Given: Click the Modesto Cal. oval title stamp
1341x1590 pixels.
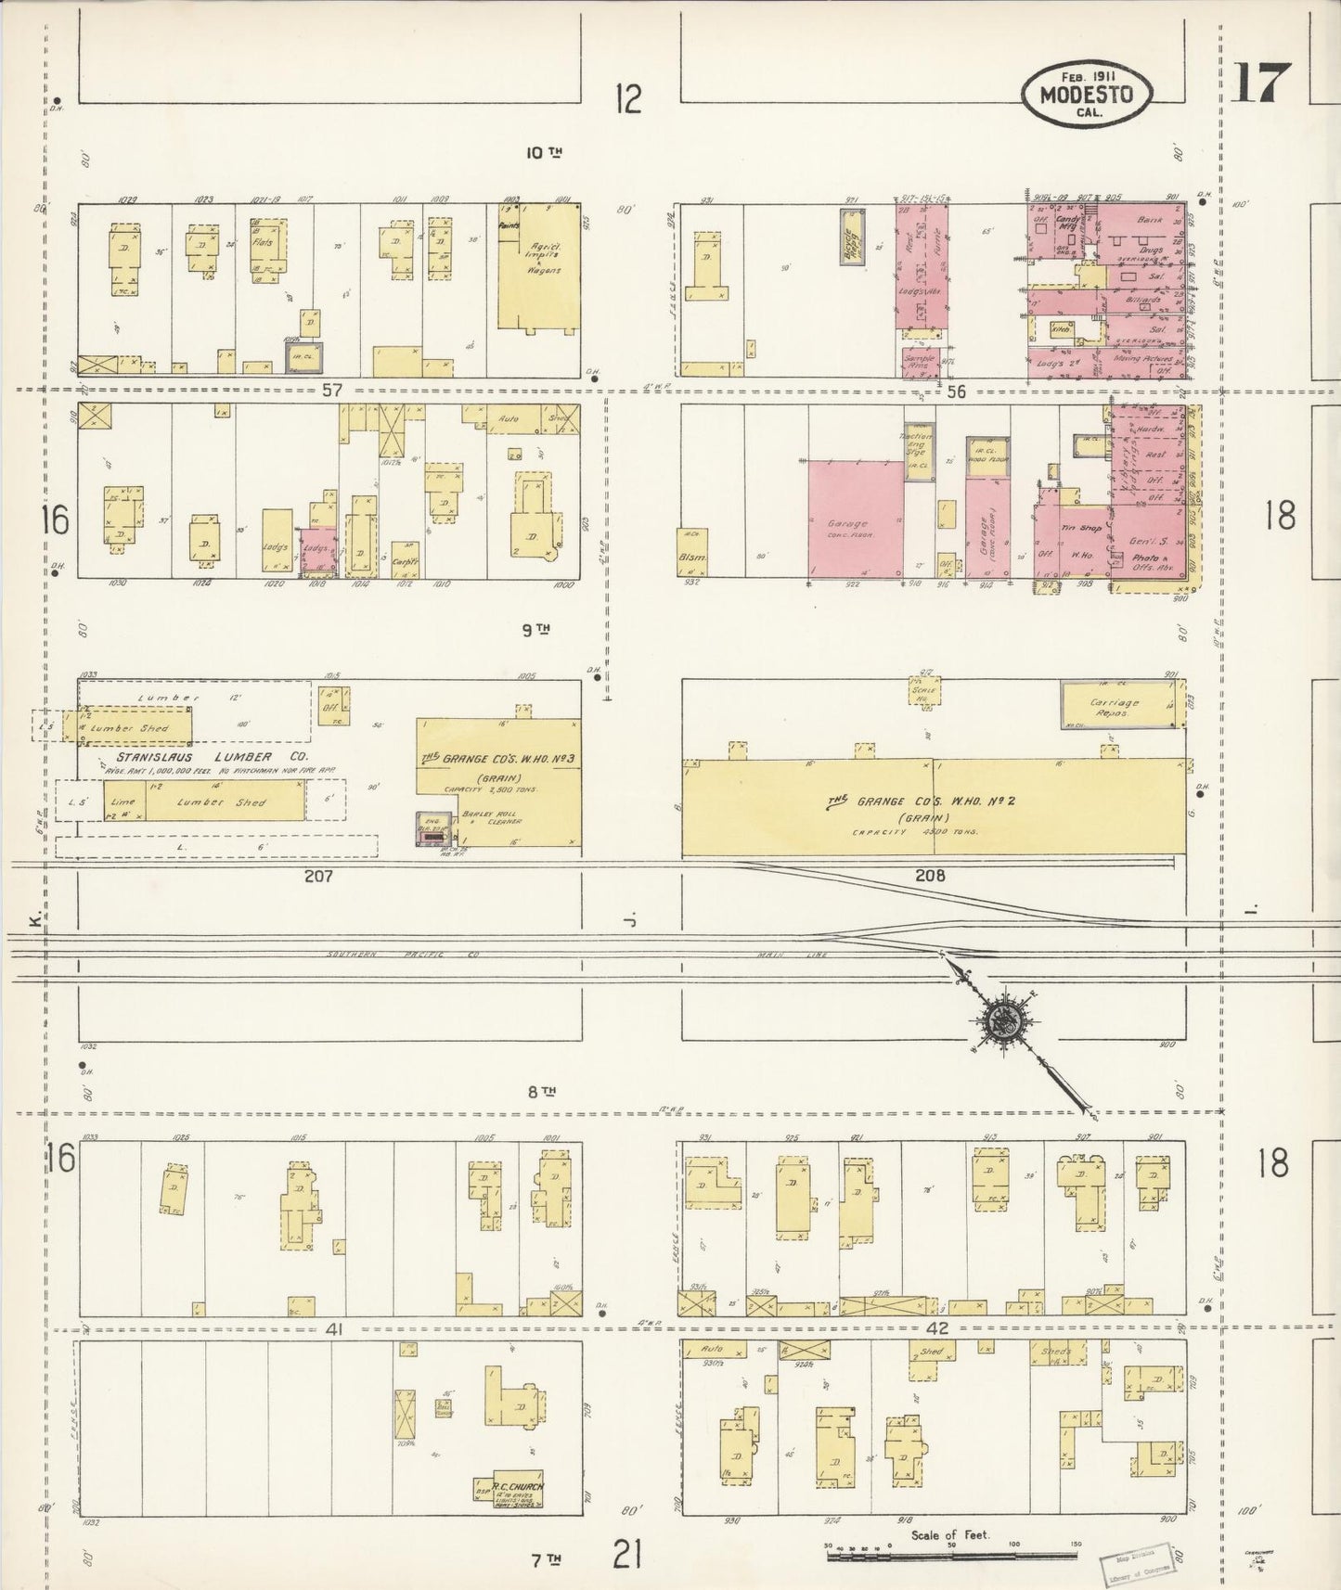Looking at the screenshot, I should (1087, 94).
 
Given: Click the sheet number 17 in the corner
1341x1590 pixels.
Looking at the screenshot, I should (1261, 83).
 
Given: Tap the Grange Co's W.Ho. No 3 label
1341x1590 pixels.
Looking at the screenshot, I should (498, 758).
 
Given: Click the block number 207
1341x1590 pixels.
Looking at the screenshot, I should (317, 875).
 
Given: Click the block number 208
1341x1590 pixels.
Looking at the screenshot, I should (929, 875).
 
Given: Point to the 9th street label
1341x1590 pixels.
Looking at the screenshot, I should (535, 629).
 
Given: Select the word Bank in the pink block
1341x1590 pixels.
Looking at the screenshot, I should (1148, 220).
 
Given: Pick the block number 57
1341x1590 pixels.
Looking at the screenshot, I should (331, 391).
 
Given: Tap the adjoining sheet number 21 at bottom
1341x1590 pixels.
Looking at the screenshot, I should (627, 1552).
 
